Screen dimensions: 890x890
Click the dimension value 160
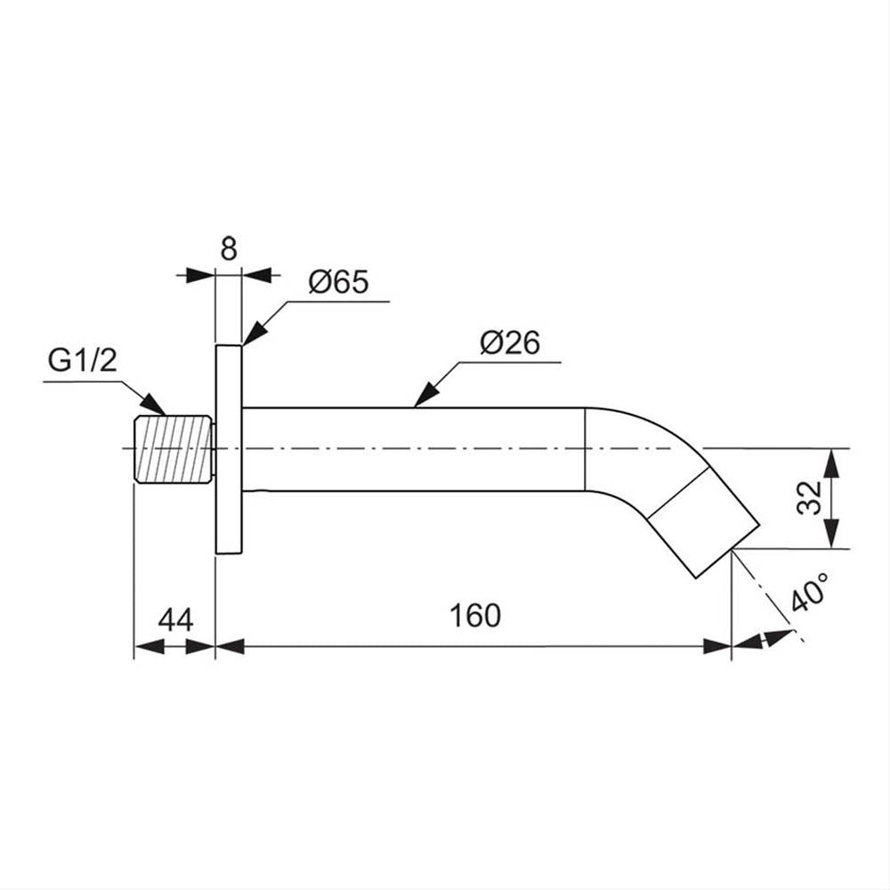pos(475,615)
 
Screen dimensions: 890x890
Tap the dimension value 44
pos(176,619)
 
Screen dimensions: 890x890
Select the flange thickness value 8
pos(229,248)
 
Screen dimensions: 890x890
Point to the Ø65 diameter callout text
pos(339,282)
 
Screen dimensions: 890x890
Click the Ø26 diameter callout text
pos(510,343)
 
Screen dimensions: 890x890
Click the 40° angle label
pos(809,592)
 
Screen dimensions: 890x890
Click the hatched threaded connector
pos(174,449)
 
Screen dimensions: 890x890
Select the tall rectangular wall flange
pos(229,449)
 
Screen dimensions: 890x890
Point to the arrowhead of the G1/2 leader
pos(153,403)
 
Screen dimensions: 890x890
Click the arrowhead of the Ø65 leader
pos(255,333)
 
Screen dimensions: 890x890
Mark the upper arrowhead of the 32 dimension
pos(831,464)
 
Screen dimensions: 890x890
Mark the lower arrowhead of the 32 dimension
pos(831,533)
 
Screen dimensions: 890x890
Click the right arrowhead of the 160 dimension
pos(716,646)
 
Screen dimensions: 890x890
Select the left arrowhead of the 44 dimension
pos(149,646)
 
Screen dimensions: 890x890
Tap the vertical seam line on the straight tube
pos(585,449)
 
